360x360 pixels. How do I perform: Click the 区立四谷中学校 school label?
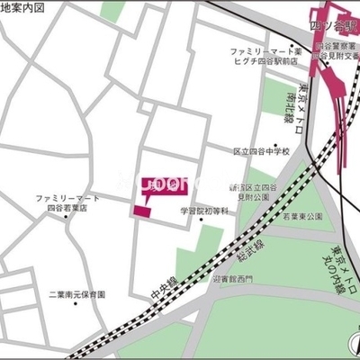click(261, 151)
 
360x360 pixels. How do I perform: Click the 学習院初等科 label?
click(205, 211)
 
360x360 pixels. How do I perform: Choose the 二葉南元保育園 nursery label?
click(77, 294)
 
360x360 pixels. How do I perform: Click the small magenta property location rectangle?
click(142, 211)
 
